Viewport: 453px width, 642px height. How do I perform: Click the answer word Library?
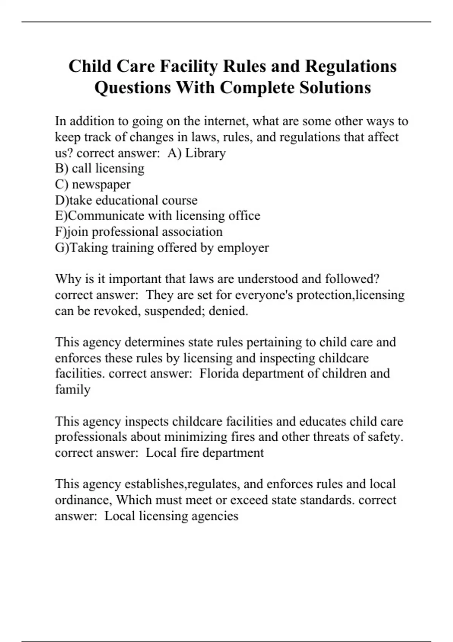(x=205, y=153)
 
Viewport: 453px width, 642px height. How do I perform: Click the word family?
(x=72, y=389)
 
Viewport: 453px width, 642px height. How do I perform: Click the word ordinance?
(x=83, y=500)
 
